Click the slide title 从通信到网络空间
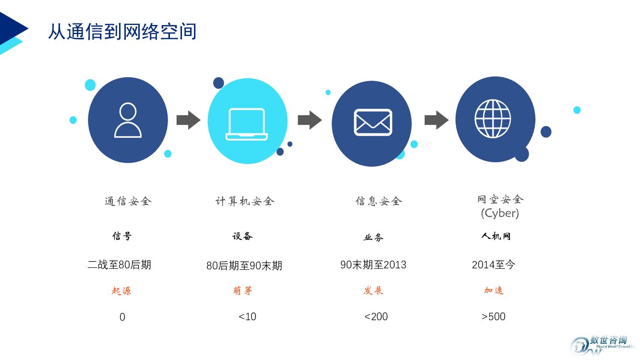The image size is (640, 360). (122, 32)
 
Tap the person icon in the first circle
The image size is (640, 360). (128, 120)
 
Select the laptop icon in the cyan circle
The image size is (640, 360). (247, 124)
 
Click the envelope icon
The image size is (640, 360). (373, 122)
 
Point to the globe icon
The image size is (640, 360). (493, 119)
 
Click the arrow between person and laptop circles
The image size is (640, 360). (188, 120)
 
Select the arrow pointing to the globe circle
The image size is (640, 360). (436, 120)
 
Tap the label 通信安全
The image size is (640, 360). (128, 201)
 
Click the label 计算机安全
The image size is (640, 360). (245, 201)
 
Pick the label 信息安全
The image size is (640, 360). (378, 201)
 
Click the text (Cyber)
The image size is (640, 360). (500, 213)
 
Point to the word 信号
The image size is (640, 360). (121, 236)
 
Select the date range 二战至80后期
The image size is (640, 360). (120, 264)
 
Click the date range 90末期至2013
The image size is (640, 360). (373, 264)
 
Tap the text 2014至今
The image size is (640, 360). (493, 264)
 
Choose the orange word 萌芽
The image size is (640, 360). (242, 290)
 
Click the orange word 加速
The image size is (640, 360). (494, 290)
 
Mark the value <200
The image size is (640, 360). (376, 316)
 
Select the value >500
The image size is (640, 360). (493, 316)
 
